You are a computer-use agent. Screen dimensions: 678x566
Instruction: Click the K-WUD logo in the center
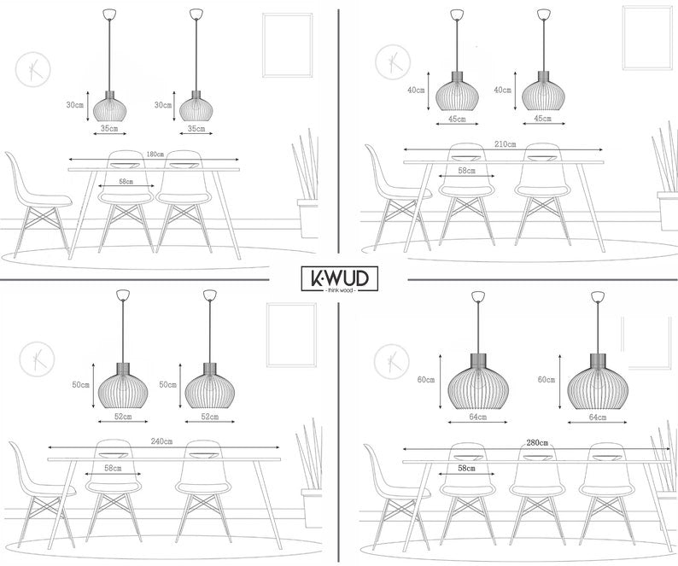coord(340,279)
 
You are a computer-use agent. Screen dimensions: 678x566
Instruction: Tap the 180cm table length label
coord(155,155)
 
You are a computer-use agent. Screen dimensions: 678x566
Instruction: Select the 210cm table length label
coord(505,144)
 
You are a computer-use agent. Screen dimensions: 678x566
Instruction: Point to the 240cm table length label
coord(161,441)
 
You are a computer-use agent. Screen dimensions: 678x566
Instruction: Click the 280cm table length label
coord(537,443)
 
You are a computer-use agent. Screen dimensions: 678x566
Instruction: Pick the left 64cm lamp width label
coord(478,417)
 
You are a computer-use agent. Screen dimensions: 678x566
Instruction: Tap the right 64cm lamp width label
coord(598,417)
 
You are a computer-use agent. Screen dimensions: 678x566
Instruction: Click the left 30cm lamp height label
coord(75,105)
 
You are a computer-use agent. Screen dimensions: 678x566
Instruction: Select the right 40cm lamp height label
coord(502,90)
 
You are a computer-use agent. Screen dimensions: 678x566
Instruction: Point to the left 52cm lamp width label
coord(123,417)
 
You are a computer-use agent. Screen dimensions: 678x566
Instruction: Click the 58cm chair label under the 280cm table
coord(466,469)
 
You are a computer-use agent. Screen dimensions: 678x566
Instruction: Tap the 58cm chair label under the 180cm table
coord(126,182)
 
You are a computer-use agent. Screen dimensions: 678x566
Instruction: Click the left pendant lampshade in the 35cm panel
coord(110,107)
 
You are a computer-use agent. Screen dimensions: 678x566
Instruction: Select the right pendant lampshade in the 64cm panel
coord(598,382)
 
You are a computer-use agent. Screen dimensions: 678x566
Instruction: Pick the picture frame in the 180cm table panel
coord(288,45)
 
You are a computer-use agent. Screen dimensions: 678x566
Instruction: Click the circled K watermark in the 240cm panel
coord(37,359)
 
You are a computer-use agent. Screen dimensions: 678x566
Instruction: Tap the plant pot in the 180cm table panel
coord(307,219)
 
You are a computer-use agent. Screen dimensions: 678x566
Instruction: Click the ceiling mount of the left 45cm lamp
coord(457,15)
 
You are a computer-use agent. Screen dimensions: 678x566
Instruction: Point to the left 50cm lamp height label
coord(81,384)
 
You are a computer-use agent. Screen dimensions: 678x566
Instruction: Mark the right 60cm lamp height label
coord(546,380)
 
